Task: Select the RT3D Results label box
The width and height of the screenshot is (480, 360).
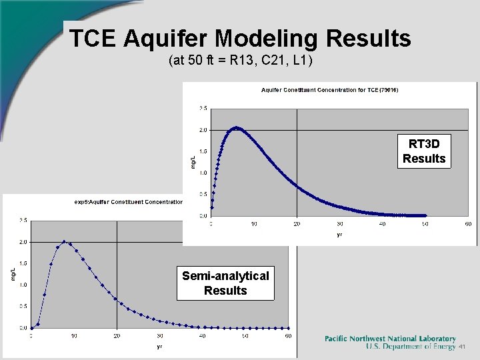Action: point(424,151)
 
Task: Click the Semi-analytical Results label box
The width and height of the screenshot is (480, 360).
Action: point(225,283)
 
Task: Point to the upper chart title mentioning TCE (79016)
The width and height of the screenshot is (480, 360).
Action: point(330,90)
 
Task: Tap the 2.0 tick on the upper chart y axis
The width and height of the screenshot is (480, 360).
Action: point(203,129)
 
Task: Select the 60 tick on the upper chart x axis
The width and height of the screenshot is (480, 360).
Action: point(468,224)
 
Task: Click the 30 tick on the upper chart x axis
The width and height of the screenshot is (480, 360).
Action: point(339,224)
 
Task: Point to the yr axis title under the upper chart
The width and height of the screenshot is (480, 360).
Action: point(339,235)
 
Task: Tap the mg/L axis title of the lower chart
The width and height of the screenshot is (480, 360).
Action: point(14,273)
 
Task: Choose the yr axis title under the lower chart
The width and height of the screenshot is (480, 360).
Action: point(159,346)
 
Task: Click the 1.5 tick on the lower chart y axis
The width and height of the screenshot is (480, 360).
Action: point(23,263)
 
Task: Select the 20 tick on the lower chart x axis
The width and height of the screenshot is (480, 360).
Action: point(117,336)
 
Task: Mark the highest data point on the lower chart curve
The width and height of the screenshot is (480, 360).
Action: point(64,241)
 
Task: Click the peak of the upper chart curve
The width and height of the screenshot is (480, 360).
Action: point(235,127)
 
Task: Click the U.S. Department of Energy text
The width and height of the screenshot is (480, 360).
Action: point(411,347)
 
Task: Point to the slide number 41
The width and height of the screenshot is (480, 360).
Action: point(462,347)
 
